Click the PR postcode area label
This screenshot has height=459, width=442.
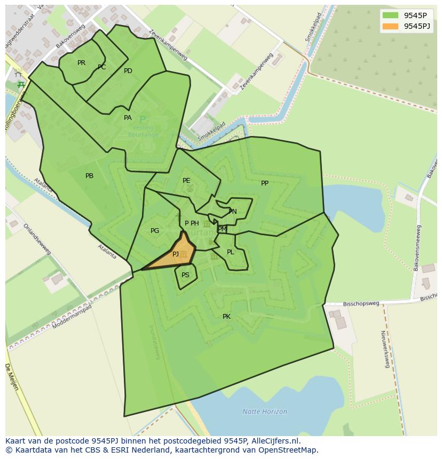pyautogui.click(x=81, y=63)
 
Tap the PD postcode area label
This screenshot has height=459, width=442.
pyautogui.click(x=128, y=71)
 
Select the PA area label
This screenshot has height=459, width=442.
pyautogui.click(x=128, y=118)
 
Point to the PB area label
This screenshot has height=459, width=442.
pyautogui.click(x=89, y=176)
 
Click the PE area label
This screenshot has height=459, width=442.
pyautogui.click(x=186, y=181)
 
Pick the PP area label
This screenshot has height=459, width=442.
pyautogui.click(x=265, y=183)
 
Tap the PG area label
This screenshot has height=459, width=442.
pyautogui.click(x=155, y=231)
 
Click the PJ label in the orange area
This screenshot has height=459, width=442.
pyautogui.click(x=176, y=254)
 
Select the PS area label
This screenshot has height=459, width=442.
pyautogui.click(x=185, y=275)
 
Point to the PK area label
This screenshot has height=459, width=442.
pyautogui.click(x=226, y=317)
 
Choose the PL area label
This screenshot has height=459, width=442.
pyautogui.click(x=230, y=252)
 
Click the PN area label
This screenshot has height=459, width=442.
pyautogui.click(x=233, y=212)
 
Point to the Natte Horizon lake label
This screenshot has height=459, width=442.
pyautogui.click(x=265, y=412)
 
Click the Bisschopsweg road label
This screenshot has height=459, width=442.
pyautogui.click(x=361, y=304)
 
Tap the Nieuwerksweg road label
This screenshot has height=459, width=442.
pyautogui.click(x=384, y=349)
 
